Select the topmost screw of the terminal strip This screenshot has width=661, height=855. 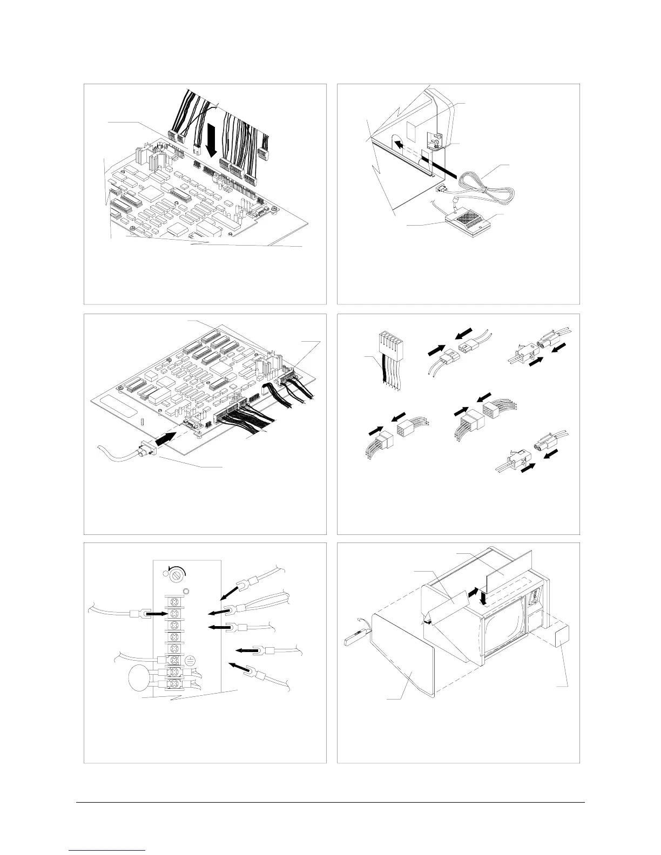point(175,601)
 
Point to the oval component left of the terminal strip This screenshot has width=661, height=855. point(140,678)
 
